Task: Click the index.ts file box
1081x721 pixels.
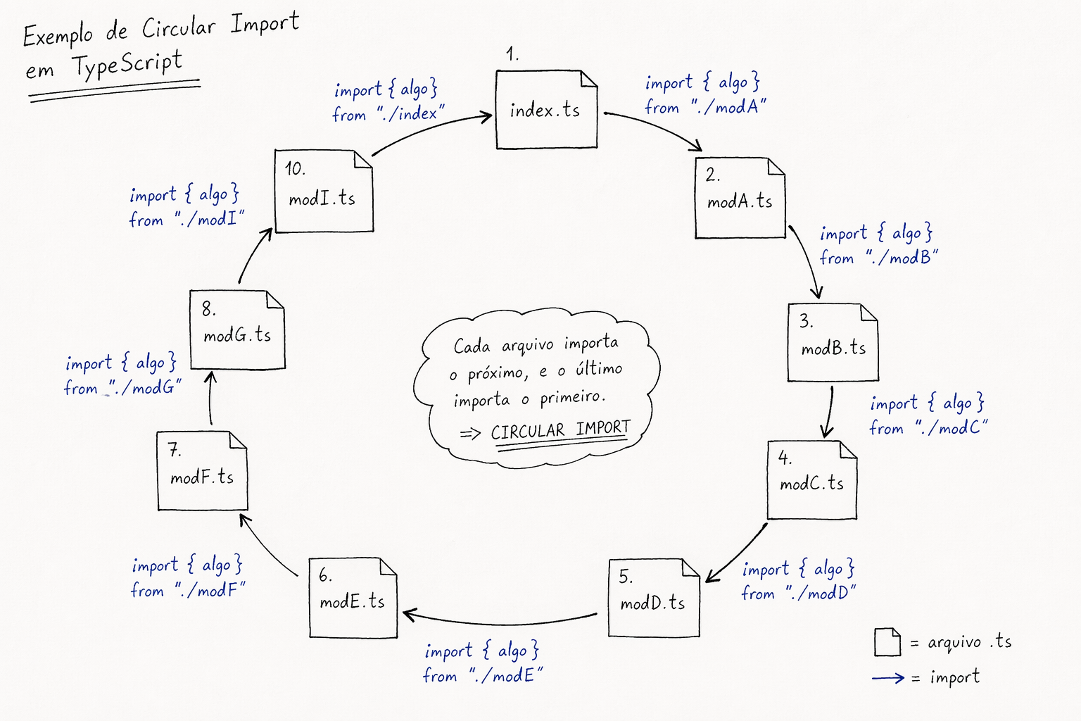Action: click(x=546, y=110)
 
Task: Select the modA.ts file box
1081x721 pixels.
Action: click(x=740, y=199)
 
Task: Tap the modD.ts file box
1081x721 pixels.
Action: click(x=653, y=598)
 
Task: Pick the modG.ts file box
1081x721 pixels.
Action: click(x=237, y=330)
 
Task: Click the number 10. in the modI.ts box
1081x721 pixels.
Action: click(x=295, y=169)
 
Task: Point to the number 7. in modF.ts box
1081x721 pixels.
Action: click(x=174, y=450)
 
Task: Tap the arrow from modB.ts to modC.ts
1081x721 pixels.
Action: click(x=830, y=411)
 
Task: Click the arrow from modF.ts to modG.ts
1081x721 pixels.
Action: click(x=210, y=399)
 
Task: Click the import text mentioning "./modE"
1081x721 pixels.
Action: click(x=482, y=663)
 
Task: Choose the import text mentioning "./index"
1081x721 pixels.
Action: click(x=388, y=101)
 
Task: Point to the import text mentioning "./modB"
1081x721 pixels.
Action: click(x=878, y=245)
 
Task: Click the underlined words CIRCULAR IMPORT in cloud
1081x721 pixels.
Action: click(x=560, y=430)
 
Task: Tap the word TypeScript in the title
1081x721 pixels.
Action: click(x=127, y=65)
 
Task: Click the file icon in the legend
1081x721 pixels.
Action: click(x=887, y=641)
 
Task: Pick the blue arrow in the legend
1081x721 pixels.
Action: click(x=888, y=678)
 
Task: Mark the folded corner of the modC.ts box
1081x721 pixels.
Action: click(x=848, y=449)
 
